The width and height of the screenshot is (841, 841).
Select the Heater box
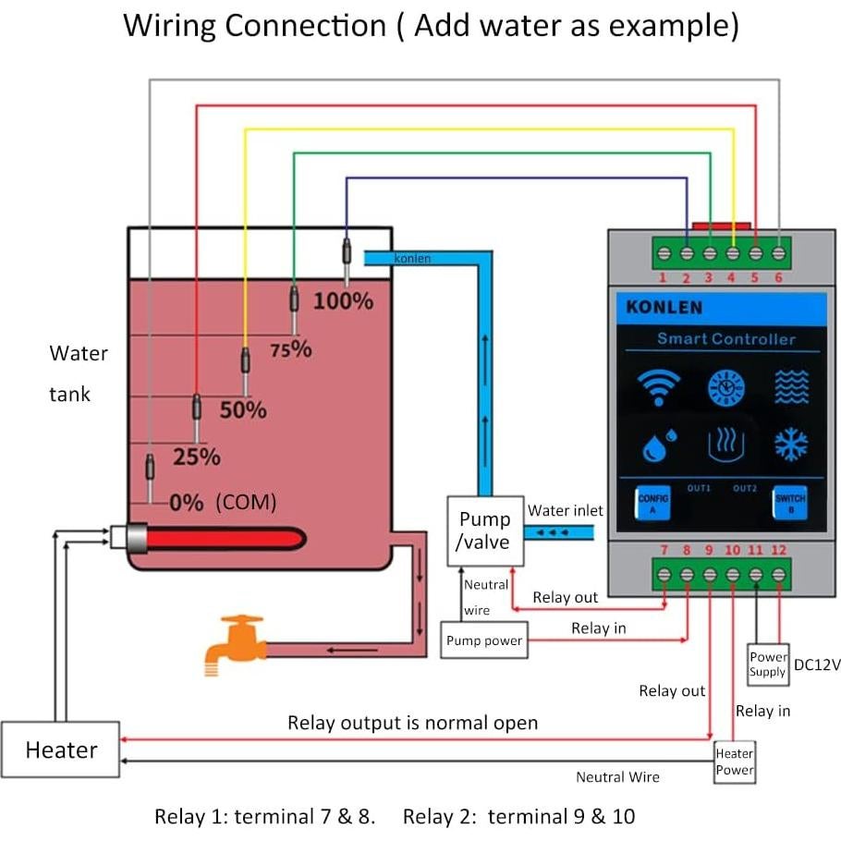(61, 750)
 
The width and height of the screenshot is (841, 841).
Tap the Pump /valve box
(484, 531)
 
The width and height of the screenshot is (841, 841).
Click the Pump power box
(483, 640)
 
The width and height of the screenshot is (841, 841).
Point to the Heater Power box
(735, 762)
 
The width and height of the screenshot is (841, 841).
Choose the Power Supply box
(768, 664)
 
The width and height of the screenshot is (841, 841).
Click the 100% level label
(343, 301)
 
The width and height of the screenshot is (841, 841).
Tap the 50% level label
(243, 409)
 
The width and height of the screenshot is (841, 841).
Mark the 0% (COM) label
(223, 503)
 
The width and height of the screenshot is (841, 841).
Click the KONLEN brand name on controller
(664, 308)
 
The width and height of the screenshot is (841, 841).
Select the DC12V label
(817, 664)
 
